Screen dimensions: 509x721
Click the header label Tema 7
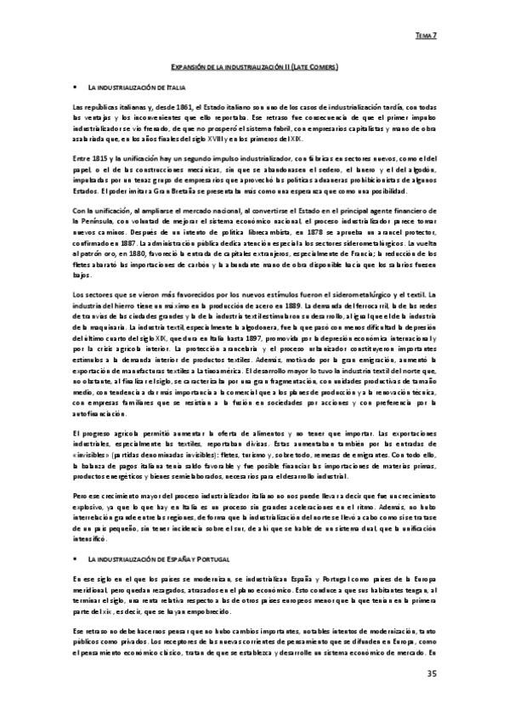pos(425,36)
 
